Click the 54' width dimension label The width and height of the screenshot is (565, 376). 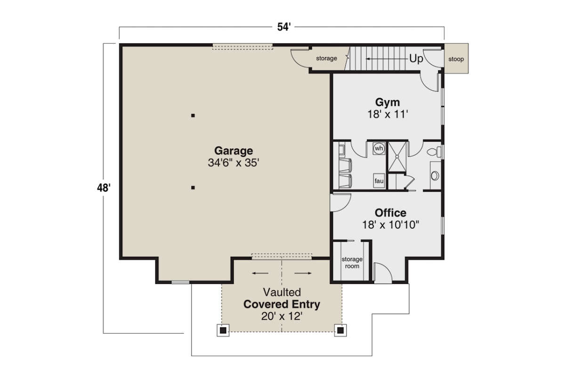tap(282, 27)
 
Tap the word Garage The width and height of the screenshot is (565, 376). tap(234, 151)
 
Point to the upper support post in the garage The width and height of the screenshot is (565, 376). tap(193, 115)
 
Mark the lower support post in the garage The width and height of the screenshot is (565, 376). tap(193, 188)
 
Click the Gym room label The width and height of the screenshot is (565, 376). tap(387, 102)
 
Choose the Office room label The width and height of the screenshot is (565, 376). tap(390, 213)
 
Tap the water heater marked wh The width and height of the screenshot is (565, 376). tap(379, 149)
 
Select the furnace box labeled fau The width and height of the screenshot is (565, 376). tap(379, 180)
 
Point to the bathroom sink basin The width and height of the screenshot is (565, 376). tap(435, 176)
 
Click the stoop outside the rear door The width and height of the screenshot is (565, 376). tap(456, 59)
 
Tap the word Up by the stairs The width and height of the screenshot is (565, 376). tap(416, 59)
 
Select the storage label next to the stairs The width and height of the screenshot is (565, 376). tap(326, 59)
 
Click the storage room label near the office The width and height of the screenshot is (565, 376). tap(352, 262)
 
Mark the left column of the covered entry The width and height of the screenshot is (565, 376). tap(223, 330)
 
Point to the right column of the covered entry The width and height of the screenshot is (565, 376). tap(340, 330)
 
